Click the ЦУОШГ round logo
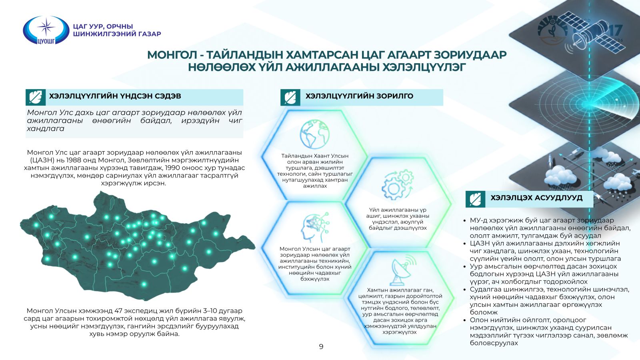tap(46, 30)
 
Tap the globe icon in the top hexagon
tap(314, 134)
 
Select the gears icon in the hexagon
tap(398, 184)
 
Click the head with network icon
tap(315, 228)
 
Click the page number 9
tap(321, 346)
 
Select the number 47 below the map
tap(119, 310)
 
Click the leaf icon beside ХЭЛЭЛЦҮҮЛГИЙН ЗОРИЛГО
tap(290, 98)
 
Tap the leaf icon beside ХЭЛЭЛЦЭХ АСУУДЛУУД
tap(475, 199)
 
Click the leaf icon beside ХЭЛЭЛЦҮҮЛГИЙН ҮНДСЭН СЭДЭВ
tap(36, 98)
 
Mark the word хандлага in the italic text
tap(46, 128)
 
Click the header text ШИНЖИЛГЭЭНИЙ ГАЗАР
tap(117, 34)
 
